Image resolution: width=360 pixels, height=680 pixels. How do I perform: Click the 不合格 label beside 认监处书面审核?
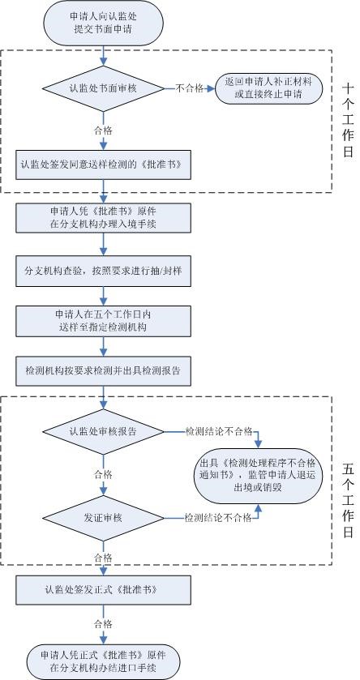tap(188, 88)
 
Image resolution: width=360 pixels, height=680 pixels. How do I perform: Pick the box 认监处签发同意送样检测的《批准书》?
tap(103, 164)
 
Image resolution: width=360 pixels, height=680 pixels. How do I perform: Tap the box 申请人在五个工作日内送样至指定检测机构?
tap(103, 319)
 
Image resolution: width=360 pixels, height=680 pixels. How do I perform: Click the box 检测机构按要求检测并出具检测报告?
tap(103, 370)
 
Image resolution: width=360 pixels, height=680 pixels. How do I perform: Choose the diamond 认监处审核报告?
tap(103, 431)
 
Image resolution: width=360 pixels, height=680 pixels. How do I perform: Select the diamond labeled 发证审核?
tap(103, 517)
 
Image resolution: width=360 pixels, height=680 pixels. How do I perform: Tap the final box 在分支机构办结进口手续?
tap(103, 659)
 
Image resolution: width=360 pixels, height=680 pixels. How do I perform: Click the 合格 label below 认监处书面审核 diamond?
tap(103, 128)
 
